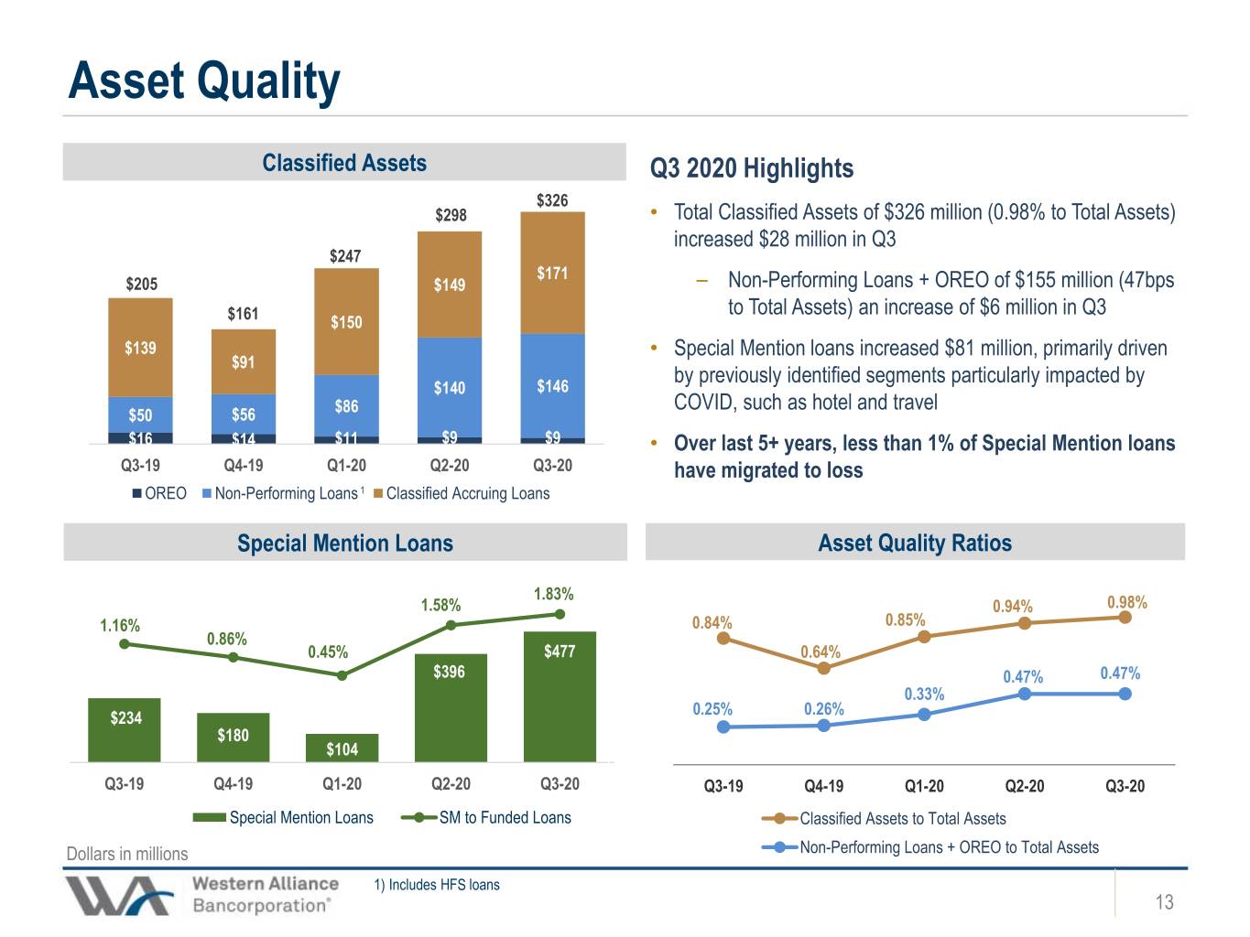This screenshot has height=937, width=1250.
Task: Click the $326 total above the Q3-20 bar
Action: coord(552,200)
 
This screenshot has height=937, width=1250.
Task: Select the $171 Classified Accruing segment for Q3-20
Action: coord(552,273)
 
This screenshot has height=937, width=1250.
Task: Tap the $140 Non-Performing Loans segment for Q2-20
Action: coord(450,387)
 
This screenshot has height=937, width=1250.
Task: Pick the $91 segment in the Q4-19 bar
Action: coord(244,361)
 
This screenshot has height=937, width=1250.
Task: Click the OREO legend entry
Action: coord(159,493)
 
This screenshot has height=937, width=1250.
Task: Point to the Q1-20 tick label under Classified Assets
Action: coord(346,466)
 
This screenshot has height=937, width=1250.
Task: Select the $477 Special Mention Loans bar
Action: coord(560,696)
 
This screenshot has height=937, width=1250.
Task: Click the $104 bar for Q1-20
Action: coord(342,748)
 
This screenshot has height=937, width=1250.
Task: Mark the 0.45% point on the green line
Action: coord(342,676)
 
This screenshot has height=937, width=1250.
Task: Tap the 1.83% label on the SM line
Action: coord(553,594)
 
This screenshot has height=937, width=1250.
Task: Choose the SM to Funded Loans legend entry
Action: coord(485,817)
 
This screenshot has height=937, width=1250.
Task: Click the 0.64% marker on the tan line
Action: coord(823,669)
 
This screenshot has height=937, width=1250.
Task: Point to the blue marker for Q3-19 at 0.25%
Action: coord(723,727)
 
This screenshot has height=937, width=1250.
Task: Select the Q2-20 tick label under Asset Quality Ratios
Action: coord(1025,786)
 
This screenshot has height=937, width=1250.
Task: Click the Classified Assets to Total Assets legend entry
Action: coord(884,819)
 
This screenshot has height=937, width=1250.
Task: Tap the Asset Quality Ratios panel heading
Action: coord(915,543)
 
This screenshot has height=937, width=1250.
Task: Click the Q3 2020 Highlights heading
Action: coord(752,168)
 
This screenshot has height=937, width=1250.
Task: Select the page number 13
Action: coord(1164,901)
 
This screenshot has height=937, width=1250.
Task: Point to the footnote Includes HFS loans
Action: coord(437,885)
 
